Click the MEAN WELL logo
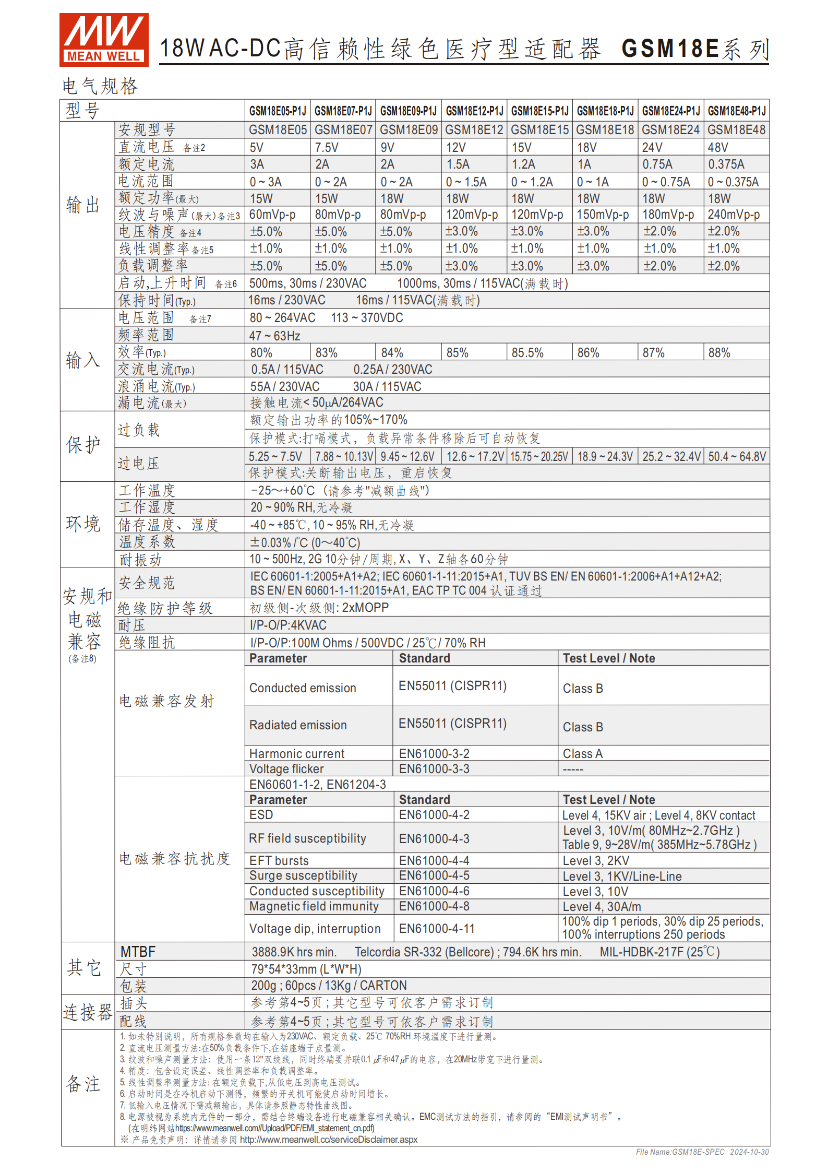pyautogui.click(x=104, y=40)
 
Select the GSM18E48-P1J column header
pyautogui.click(x=736, y=111)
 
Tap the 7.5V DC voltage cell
pyautogui.click(x=327, y=148)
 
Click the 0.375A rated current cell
pyautogui.click(x=726, y=164)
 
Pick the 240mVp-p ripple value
pyautogui.click(x=734, y=215)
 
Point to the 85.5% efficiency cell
pyautogui.click(x=527, y=353)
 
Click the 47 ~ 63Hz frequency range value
pyautogui.click(x=274, y=336)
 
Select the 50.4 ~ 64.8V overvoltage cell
pyautogui.click(x=737, y=457)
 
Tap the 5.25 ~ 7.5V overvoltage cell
pyautogui.click(x=275, y=457)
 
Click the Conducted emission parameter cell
pyautogui.click(x=303, y=688)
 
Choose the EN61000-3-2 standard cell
pyautogui.click(x=434, y=753)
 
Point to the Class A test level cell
pyautogui.click(x=582, y=753)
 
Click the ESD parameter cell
pyautogui.click(x=261, y=815)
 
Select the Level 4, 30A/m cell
pyautogui.click(x=602, y=907)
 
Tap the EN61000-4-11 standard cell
pyautogui.click(x=437, y=929)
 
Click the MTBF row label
pyautogui.click(x=138, y=952)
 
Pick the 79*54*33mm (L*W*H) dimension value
pyautogui.click(x=306, y=969)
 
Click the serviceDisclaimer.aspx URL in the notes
pyautogui.click(x=328, y=1140)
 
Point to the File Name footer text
pyautogui.click(x=702, y=1152)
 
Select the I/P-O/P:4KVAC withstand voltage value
pyautogui.click(x=288, y=625)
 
